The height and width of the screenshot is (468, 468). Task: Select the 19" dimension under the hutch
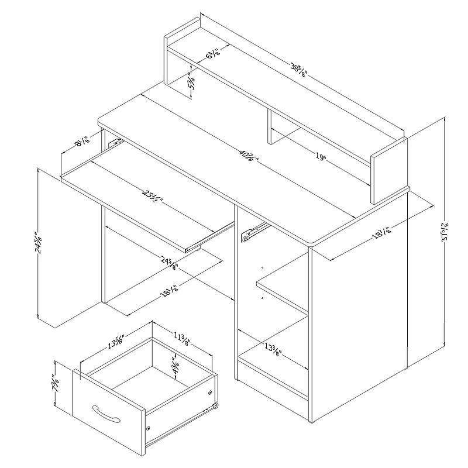coord(320,157)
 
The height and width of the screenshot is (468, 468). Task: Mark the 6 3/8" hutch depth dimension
coord(213,57)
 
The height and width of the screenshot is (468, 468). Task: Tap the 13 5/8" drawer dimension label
coord(115,341)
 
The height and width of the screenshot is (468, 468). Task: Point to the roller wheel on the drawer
coord(216,405)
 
